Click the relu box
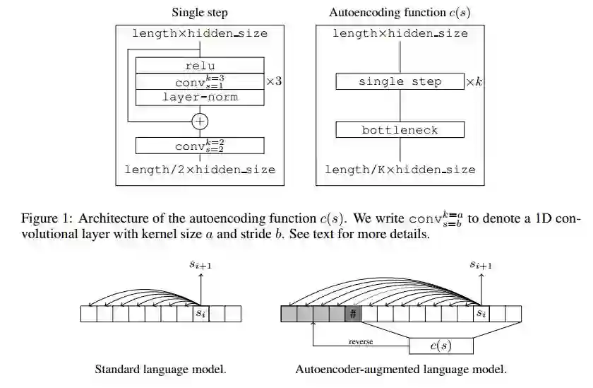pos(200,66)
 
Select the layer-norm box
pos(200,97)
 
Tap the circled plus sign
pos(200,121)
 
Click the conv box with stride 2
pos(200,146)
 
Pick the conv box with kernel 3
pos(200,81)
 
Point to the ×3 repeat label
pos(274,82)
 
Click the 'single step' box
pos(400,82)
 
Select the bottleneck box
pos(400,130)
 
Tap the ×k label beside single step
pos(474,83)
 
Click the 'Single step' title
pos(200,12)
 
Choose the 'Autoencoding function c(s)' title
pos(400,12)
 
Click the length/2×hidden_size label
pos(200,170)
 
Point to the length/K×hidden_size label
pos(400,170)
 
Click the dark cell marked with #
pos(353,314)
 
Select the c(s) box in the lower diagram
pos(441,345)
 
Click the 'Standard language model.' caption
pos(160,369)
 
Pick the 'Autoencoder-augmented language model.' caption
pos(400,369)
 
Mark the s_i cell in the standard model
pos(200,313)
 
